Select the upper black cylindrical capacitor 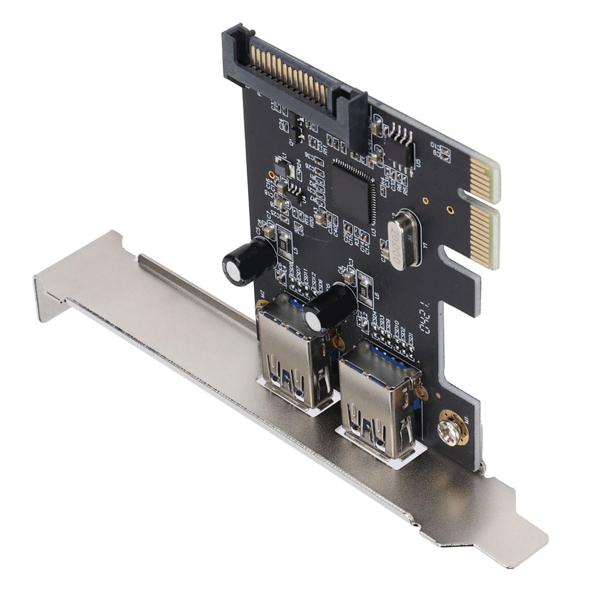tap(248, 262)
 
